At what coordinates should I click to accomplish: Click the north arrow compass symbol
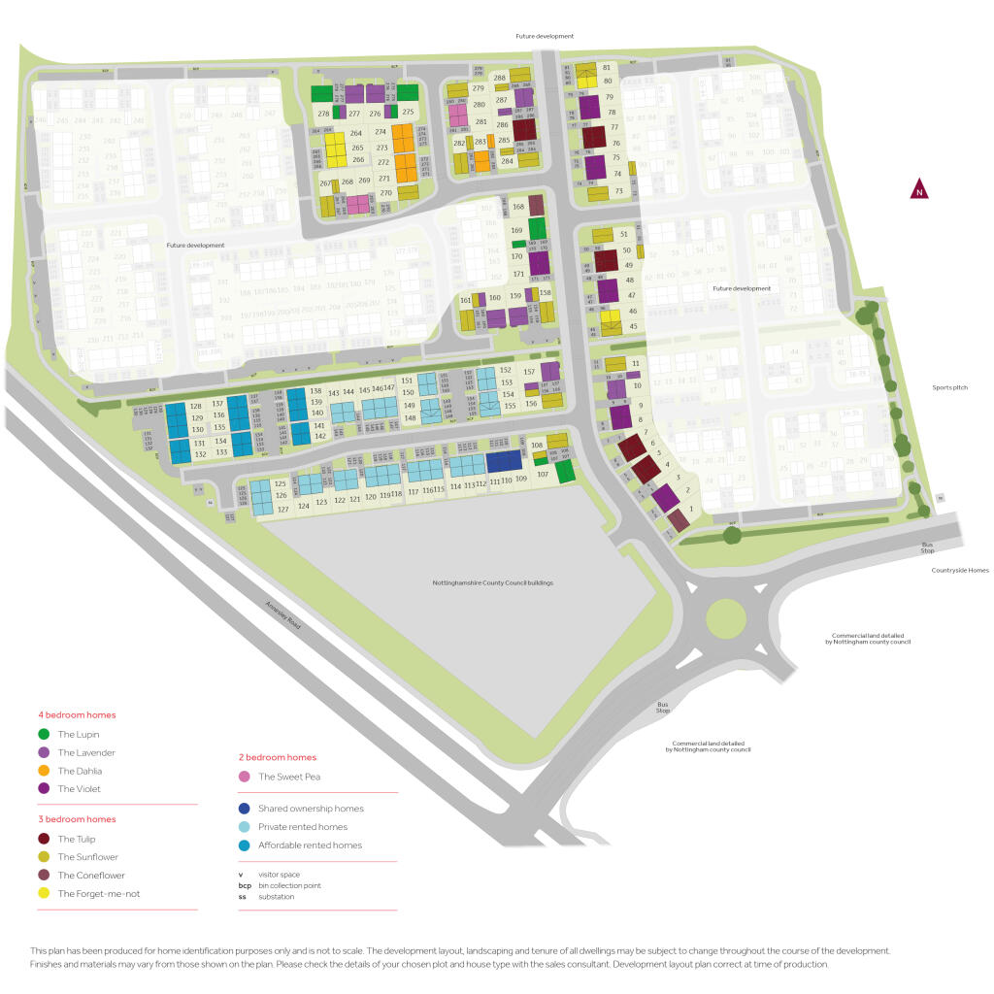tap(918, 190)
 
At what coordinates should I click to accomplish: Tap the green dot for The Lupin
tap(44, 735)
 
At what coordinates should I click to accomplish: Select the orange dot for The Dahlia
tap(44, 771)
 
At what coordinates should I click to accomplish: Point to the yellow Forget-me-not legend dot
tap(44, 893)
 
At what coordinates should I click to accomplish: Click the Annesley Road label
tap(282, 616)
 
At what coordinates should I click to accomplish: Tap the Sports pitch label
tap(947, 387)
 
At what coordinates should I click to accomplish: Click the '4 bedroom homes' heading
tap(76, 715)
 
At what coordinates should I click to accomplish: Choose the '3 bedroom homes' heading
tap(76, 819)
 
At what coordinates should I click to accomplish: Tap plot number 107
tap(543, 475)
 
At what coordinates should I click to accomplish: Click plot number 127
tap(283, 509)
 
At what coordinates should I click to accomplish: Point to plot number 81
tap(607, 67)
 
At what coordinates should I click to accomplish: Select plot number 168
tap(518, 207)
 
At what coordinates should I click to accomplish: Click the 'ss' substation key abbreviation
tap(243, 896)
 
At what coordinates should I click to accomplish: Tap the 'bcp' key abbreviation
tap(245, 885)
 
